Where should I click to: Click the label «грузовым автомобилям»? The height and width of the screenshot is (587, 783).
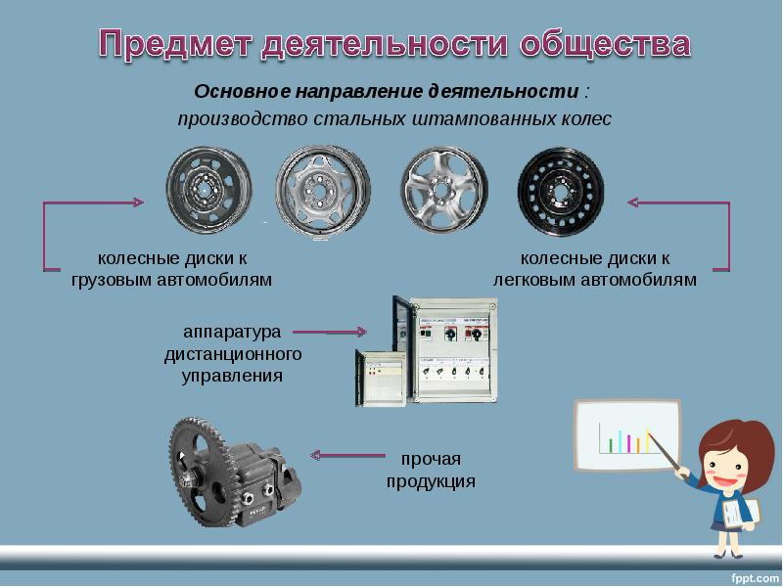click(x=171, y=279)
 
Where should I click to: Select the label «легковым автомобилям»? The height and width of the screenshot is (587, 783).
click(x=594, y=279)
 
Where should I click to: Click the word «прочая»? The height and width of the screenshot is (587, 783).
click(x=430, y=459)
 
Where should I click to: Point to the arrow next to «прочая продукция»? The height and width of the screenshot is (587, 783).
click(x=346, y=455)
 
